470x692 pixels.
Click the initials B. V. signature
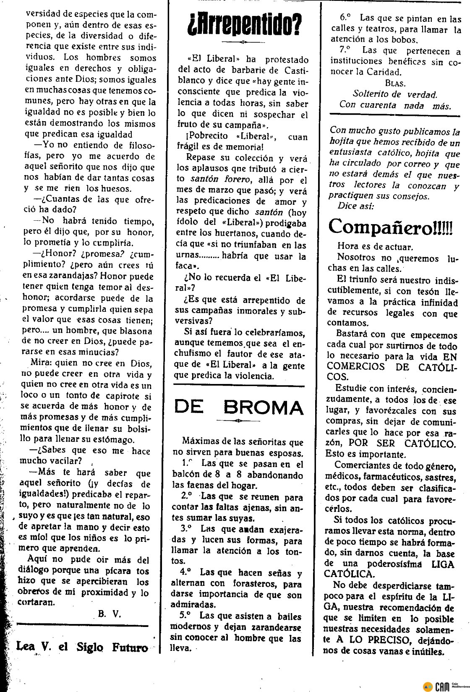tap(110, 614)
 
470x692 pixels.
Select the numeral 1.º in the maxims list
tap(187, 464)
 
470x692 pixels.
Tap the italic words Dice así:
tap(355, 206)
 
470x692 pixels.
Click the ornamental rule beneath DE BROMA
tap(239, 421)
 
